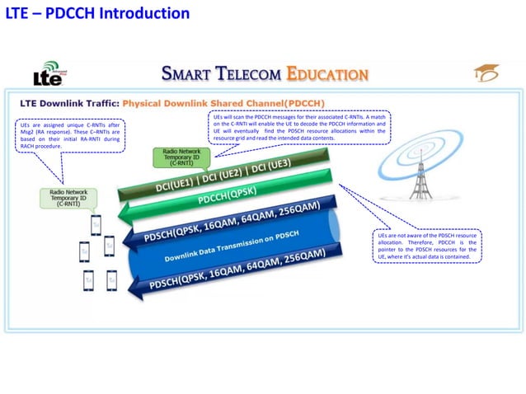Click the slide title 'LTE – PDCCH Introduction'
(98, 14)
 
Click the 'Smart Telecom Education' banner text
(264, 75)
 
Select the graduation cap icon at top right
(486, 75)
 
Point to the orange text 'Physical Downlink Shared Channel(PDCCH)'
(223, 104)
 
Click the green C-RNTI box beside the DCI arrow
(182, 157)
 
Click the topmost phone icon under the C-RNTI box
(96, 224)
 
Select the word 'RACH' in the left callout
(29, 146)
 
